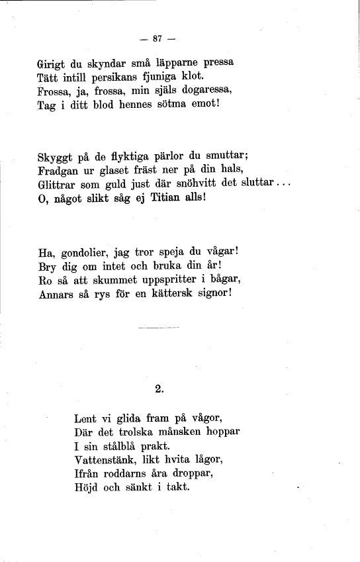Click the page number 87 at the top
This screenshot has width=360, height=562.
(x=157, y=38)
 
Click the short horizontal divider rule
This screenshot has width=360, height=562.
(x=159, y=327)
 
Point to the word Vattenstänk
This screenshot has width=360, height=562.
(x=105, y=459)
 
